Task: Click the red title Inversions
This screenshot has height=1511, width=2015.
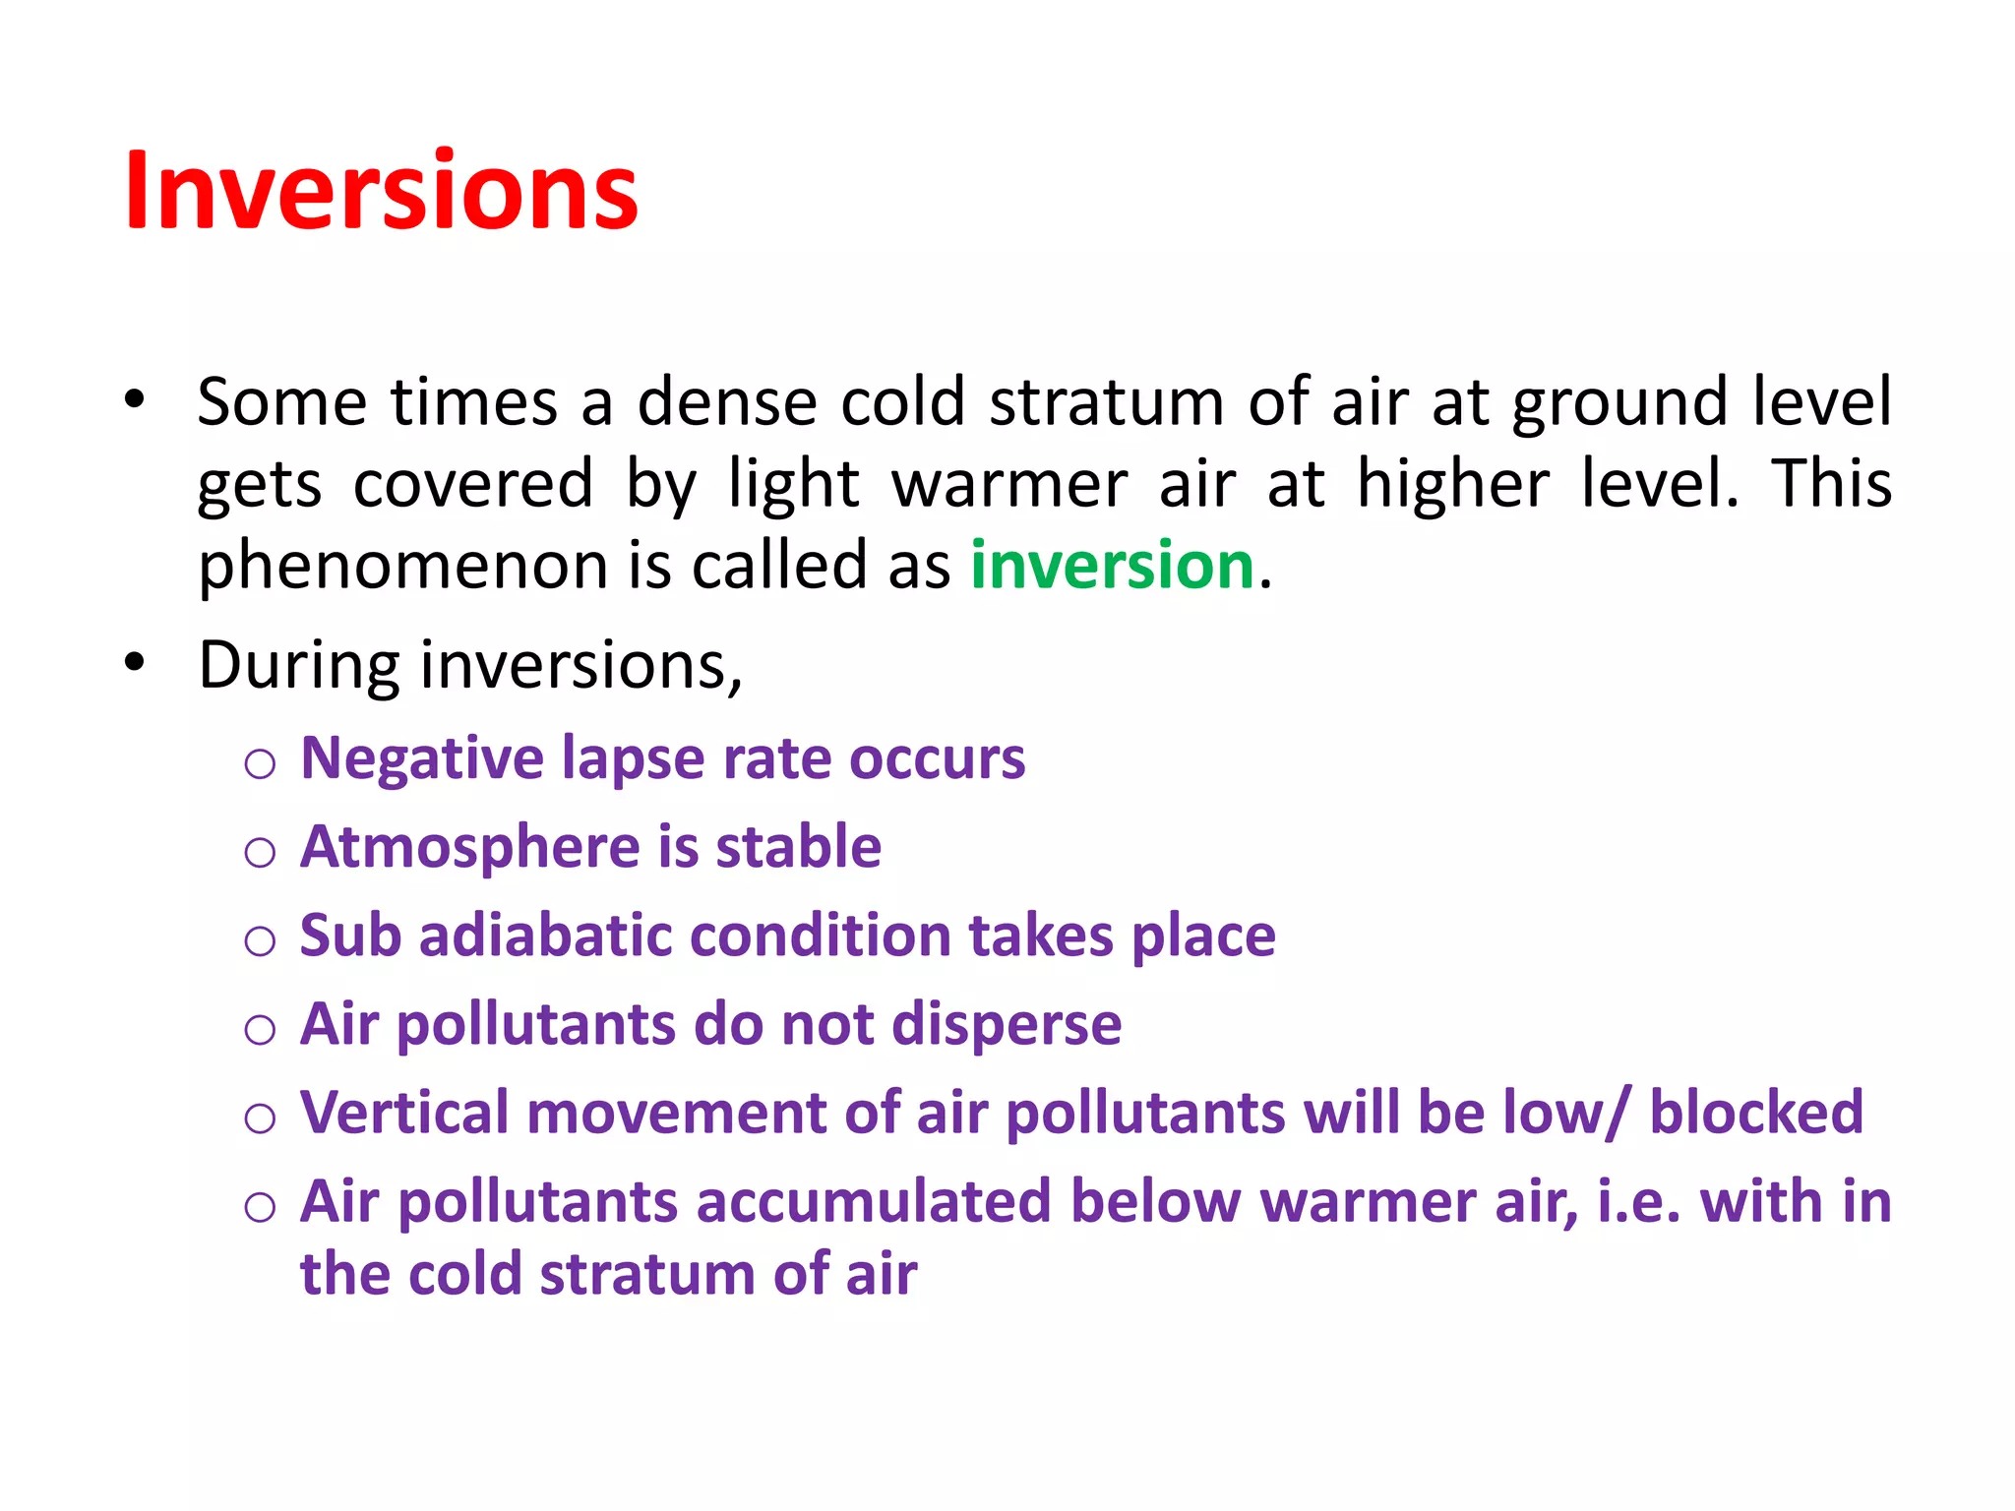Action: tap(382, 192)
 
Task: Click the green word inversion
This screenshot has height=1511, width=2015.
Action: tap(1112, 566)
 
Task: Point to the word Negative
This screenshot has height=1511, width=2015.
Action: tap(422, 758)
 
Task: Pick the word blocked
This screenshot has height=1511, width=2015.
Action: tap(1756, 1113)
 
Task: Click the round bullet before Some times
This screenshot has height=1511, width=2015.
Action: tap(135, 400)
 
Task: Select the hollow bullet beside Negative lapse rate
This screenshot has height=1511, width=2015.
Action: tap(260, 764)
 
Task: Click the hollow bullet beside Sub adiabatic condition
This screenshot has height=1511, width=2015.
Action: tap(260, 941)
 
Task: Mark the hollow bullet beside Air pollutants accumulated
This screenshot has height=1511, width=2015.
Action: tap(260, 1207)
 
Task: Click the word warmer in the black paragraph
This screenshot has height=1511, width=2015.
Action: tap(1008, 484)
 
